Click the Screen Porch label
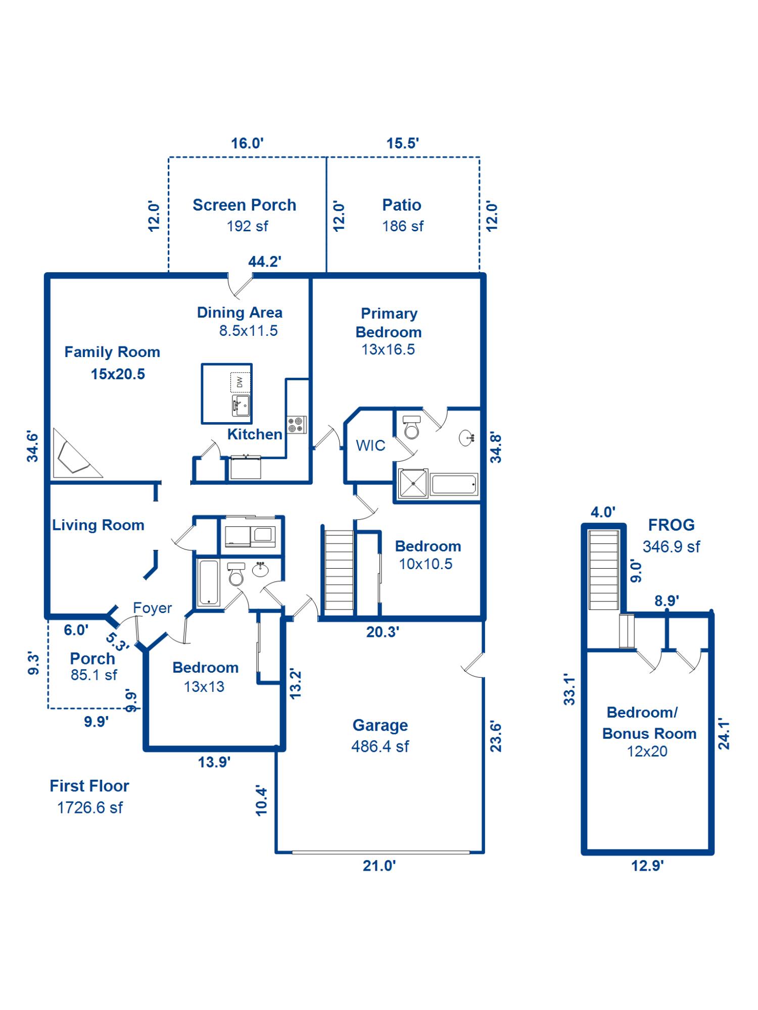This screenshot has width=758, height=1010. click(244, 205)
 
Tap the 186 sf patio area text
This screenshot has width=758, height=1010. click(403, 226)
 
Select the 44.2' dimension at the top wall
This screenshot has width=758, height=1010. click(265, 262)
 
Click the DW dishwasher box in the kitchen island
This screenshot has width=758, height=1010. click(240, 382)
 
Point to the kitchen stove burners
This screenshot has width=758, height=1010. click(296, 425)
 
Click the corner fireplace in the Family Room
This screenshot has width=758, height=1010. click(73, 458)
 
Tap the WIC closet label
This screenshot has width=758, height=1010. click(370, 445)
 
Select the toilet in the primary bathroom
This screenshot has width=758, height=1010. click(412, 427)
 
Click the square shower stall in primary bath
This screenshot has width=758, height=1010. click(413, 484)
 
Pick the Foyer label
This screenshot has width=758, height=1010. click(152, 608)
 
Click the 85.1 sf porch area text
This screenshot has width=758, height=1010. click(94, 675)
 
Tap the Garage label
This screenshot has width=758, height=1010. click(380, 725)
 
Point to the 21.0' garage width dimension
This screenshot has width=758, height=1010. click(379, 866)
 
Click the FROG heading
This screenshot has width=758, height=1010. click(671, 525)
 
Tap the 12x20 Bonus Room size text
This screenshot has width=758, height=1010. click(647, 751)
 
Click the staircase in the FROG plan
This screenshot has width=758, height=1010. click(604, 570)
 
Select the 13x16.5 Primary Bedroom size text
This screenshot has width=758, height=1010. click(388, 349)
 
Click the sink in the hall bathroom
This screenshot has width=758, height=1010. click(261, 570)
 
